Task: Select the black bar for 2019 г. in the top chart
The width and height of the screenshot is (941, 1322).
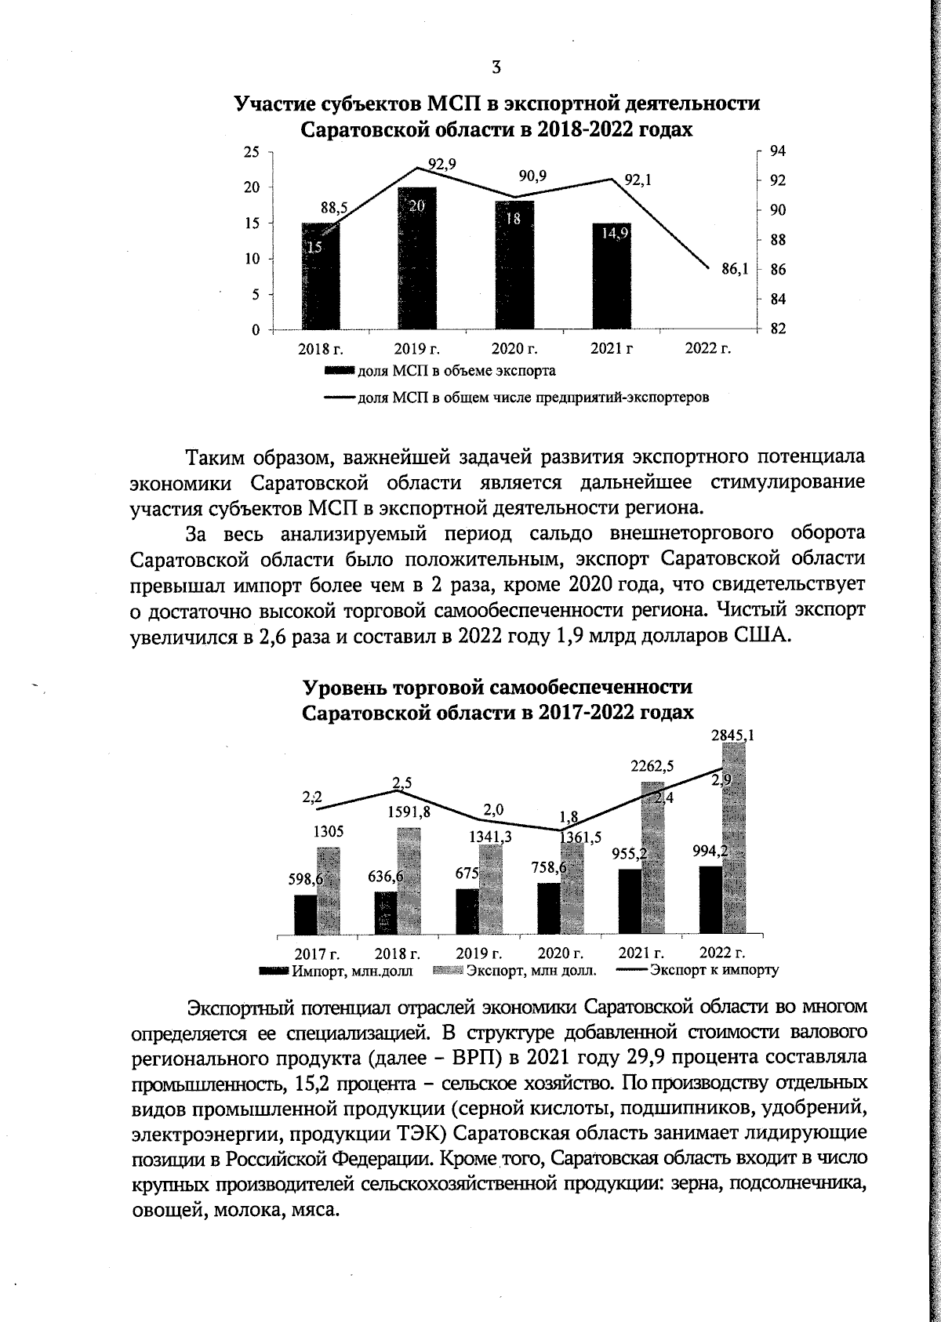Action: click(417, 259)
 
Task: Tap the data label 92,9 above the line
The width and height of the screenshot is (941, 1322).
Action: click(442, 163)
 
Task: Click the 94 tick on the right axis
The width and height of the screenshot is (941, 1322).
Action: click(778, 151)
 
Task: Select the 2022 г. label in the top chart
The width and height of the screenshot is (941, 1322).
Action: click(707, 349)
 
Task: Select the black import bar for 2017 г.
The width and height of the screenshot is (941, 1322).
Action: click(306, 915)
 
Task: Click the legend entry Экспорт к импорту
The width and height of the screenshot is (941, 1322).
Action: click(714, 970)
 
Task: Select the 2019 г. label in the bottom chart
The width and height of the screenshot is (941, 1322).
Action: click(479, 953)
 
